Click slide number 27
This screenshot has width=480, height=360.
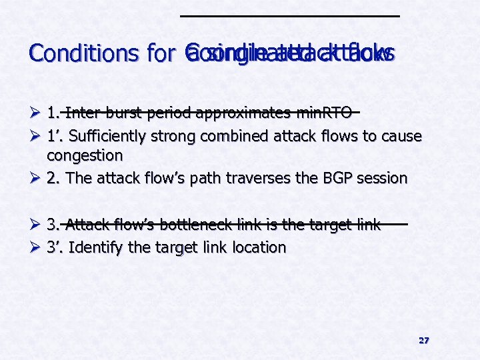[424, 341]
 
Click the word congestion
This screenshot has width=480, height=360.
[85, 155]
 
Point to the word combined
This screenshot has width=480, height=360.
[233, 137]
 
